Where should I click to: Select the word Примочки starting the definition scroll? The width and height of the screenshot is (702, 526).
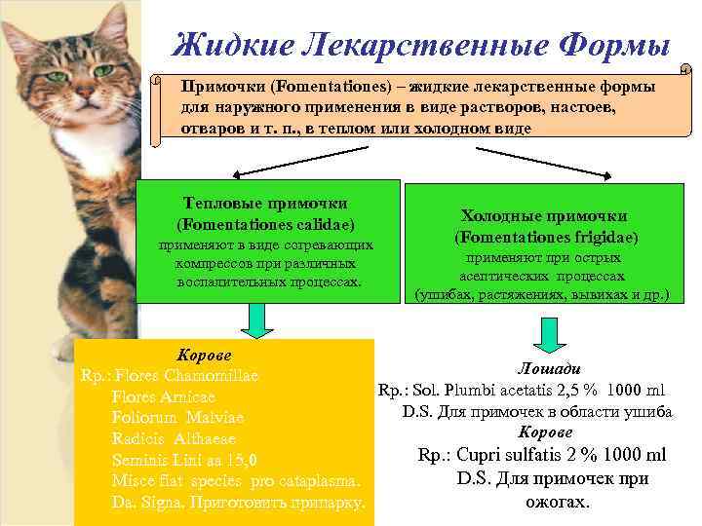click(x=216, y=87)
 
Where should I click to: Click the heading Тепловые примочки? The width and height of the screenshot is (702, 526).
click(x=266, y=204)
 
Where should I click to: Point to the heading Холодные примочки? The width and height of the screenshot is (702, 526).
click(x=544, y=216)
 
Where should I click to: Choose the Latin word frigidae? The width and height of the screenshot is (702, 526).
click(x=602, y=237)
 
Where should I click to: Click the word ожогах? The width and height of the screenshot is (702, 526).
click(x=552, y=502)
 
